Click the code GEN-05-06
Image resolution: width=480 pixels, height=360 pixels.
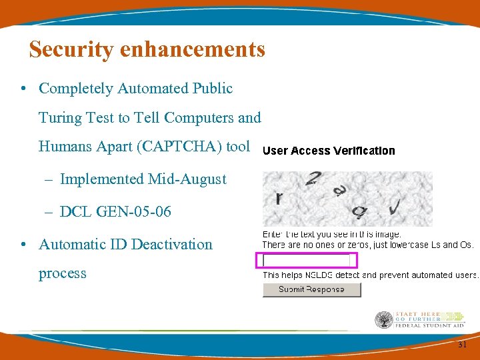(134, 211)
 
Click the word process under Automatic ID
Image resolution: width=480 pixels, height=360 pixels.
(62, 273)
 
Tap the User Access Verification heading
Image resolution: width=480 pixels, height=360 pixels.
(329, 151)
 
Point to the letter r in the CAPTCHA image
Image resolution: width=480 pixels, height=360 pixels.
(279, 197)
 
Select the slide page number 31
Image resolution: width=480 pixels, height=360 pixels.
(462, 345)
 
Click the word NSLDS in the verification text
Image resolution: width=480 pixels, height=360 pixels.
(320, 275)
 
